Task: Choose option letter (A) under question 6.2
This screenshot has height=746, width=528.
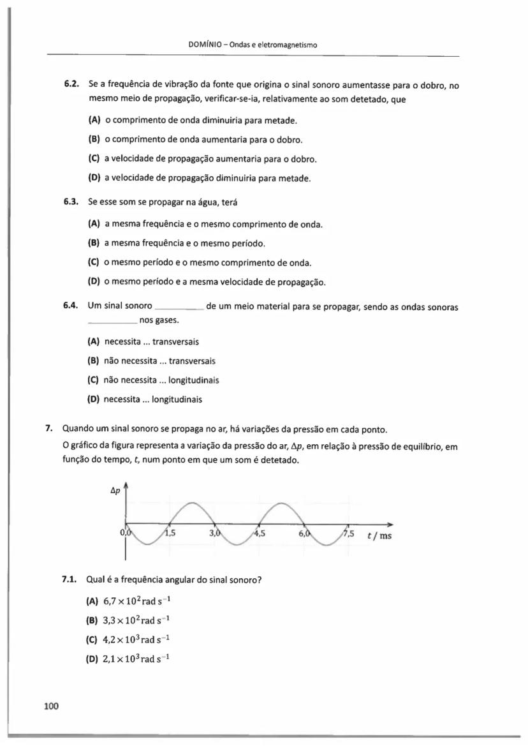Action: (93, 120)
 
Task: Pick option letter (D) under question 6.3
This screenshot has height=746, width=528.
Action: (93, 281)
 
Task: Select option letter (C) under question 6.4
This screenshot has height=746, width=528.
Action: (93, 380)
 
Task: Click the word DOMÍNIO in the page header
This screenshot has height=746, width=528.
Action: (207, 45)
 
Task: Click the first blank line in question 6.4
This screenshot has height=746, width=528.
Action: (179, 309)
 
